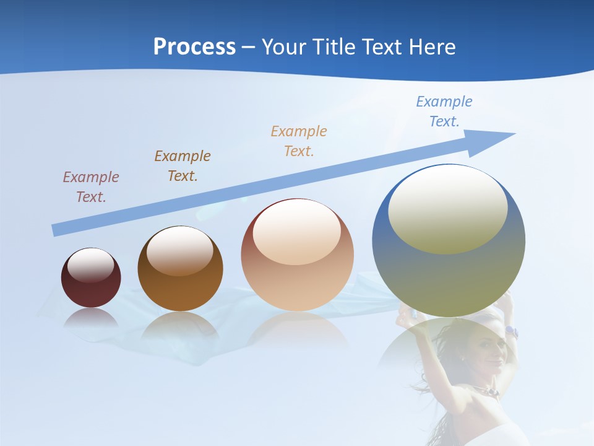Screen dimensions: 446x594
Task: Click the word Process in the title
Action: (194, 47)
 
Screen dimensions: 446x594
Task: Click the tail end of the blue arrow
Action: (56, 230)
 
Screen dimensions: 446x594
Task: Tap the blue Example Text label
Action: (444, 111)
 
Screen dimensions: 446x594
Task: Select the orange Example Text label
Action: (299, 141)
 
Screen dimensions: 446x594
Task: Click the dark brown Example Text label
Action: (183, 165)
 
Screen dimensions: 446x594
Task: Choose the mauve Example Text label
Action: (91, 186)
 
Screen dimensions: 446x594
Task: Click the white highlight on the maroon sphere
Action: (91, 265)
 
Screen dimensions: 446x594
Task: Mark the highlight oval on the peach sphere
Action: (296, 232)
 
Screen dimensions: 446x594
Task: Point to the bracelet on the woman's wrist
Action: (511, 332)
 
